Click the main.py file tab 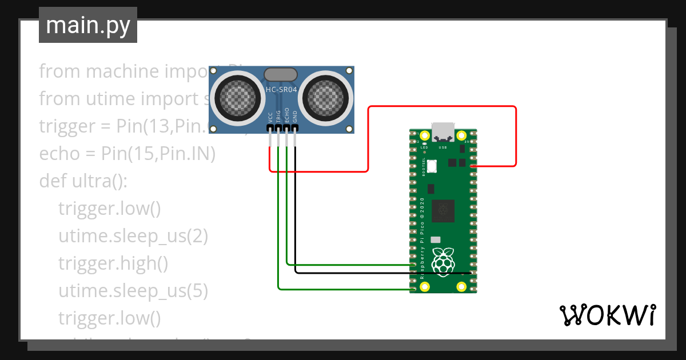[x=88, y=25]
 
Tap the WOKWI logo [x=607, y=315]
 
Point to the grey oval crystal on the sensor [x=281, y=74]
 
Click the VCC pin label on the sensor [x=270, y=117]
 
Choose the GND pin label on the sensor [x=295, y=117]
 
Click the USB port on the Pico [x=442, y=132]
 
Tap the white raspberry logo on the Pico [x=443, y=262]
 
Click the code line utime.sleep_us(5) [x=133, y=291]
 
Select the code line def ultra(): [x=83, y=181]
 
